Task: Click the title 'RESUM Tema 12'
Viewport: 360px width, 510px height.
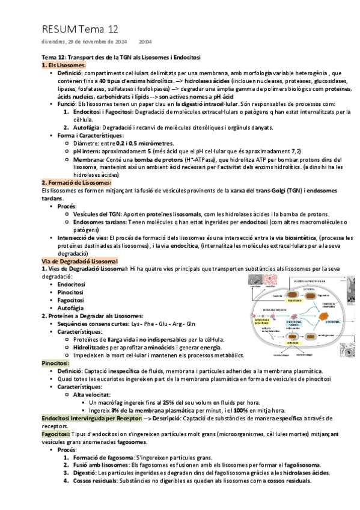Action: pos(80,28)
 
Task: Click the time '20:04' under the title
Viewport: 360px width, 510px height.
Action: pos(145,42)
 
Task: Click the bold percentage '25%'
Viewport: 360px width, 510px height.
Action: pos(169,402)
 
